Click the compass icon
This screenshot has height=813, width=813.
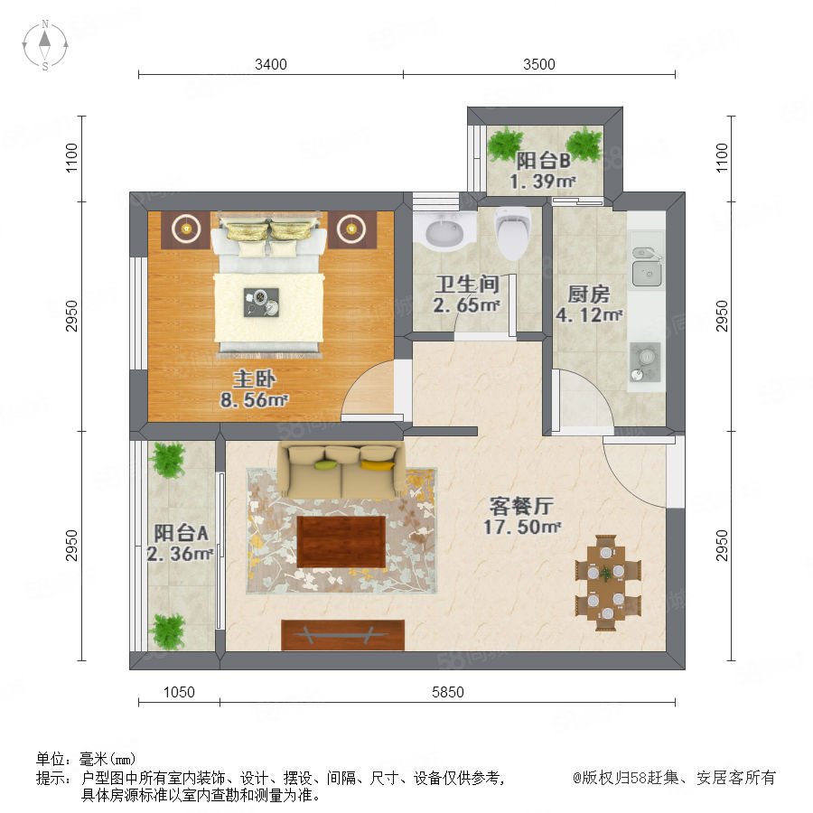[x=45, y=45]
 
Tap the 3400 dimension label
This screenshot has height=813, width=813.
[x=271, y=64]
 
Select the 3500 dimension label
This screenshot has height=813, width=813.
[x=539, y=64]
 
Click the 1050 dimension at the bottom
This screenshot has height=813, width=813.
[x=179, y=692]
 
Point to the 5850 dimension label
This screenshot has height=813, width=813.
[x=448, y=692]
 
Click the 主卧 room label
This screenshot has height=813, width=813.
[x=254, y=379]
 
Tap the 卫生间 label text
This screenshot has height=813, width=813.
[x=467, y=285]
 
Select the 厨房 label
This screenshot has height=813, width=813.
[x=588, y=294]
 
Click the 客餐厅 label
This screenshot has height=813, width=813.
[x=521, y=506]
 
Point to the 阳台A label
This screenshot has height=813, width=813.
[x=181, y=532]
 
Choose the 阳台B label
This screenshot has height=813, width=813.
[x=543, y=161]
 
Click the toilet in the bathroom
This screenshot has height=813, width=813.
[x=513, y=233]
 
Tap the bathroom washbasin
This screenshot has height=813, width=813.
[x=444, y=231]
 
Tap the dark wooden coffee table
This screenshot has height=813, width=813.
[x=341, y=541]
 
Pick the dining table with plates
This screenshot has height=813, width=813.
[x=606, y=583]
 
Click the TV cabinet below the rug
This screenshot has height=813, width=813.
[x=342, y=635]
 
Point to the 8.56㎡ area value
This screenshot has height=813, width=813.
[x=254, y=400]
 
